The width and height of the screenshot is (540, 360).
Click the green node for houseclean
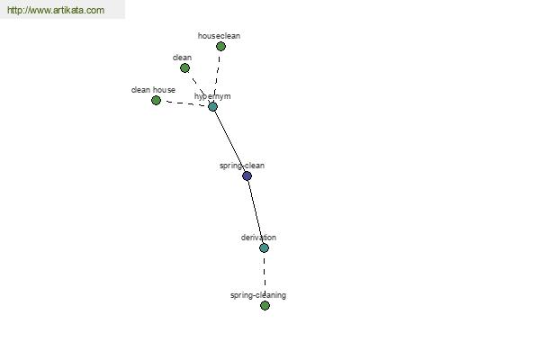(220, 46)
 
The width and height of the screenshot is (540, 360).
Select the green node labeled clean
(184, 67)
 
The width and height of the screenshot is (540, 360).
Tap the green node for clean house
(156, 100)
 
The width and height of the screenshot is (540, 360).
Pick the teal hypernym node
(212, 106)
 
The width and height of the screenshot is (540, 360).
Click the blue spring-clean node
(247, 176)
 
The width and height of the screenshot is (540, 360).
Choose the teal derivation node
(264, 247)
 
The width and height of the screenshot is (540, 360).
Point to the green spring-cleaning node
(265, 305)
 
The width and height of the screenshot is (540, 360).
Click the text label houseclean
(219, 36)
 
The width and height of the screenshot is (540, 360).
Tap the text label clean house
(153, 90)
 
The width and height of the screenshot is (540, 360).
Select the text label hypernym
(212, 96)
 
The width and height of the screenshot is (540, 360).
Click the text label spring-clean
(242, 166)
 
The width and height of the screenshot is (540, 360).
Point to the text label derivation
(258, 238)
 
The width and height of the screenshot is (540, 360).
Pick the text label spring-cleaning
(258, 295)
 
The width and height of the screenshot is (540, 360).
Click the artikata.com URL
(56, 10)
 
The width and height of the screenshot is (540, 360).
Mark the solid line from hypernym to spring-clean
(229, 141)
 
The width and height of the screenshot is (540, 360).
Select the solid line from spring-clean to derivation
(256, 211)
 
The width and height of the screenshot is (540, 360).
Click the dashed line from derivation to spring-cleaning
(265, 276)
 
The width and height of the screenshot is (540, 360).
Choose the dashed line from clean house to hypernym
(184, 103)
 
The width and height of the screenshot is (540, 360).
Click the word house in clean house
(164, 90)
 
